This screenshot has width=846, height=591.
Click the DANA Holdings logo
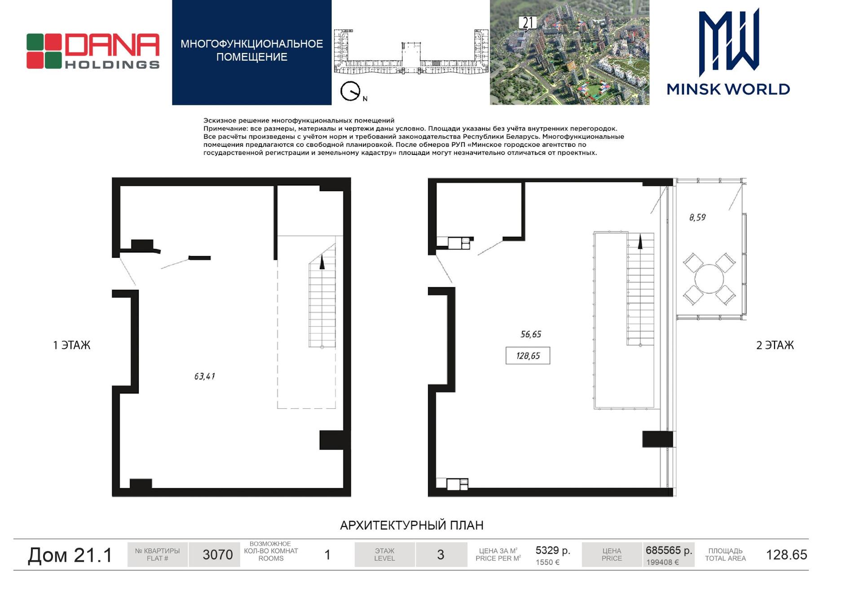(93, 51)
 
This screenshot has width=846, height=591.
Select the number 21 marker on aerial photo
(528, 22)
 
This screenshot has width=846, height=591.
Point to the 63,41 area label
(205, 376)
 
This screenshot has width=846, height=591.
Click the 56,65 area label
(531, 334)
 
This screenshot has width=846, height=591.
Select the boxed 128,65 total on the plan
(528, 356)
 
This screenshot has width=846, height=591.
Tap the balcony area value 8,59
(697, 217)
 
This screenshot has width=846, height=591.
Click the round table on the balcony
(709, 279)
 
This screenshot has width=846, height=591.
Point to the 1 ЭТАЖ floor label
(72, 345)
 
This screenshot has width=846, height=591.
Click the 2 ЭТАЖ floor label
(775, 345)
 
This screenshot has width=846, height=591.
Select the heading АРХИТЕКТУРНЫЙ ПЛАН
(412, 525)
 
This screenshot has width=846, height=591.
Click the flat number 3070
(218, 555)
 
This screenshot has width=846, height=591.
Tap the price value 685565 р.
(669, 550)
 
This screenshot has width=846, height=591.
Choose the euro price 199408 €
(662, 562)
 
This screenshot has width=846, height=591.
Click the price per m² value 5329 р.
(553, 550)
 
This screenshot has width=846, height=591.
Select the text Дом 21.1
(70, 555)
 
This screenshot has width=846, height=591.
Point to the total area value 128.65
(786, 555)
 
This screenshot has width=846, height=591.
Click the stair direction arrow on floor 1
(322, 262)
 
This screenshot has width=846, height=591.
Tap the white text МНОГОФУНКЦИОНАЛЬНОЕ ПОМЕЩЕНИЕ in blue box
(252, 50)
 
